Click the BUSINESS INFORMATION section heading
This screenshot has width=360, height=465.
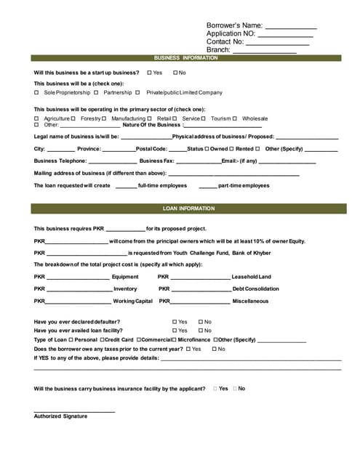pyautogui.click(x=185, y=58)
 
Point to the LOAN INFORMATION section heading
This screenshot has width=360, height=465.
pyautogui.click(x=185, y=209)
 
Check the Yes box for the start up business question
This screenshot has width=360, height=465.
pyautogui.click(x=149, y=73)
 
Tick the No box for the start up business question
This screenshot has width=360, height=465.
pyautogui.click(x=175, y=73)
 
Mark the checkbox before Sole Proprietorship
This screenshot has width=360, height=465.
pyautogui.click(x=37, y=93)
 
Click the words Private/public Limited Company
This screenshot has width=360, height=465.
pyautogui.click(x=184, y=93)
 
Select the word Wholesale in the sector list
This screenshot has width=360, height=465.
pyautogui.click(x=255, y=118)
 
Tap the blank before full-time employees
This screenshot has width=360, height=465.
pyautogui.click(x=126, y=186)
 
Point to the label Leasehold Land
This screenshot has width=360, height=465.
pyautogui.click(x=251, y=277)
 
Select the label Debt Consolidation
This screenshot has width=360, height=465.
pyautogui.click(x=255, y=288)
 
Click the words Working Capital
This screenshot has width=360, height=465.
pyautogui.click(x=132, y=301)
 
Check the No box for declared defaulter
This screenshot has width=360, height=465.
pyautogui.click(x=199, y=322)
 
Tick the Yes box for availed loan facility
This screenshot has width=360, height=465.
pyautogui.click(x=175, y=331)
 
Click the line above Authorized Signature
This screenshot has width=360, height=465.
pyautogui.click(x=74, y=412)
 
